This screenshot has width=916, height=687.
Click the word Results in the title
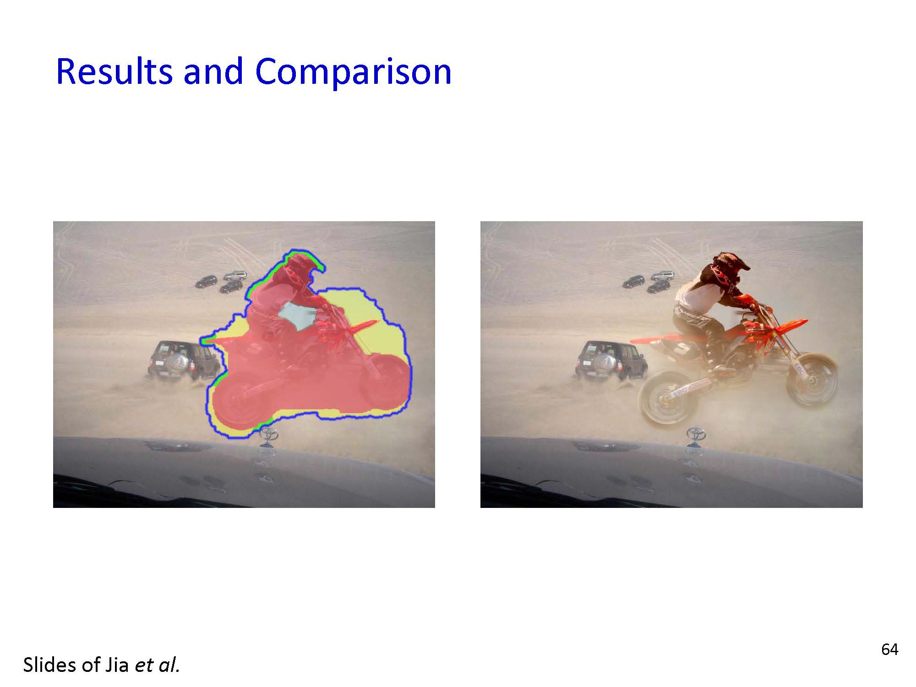coord(114,71)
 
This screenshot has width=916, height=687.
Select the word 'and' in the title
coord(213,71)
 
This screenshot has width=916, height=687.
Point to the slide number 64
coord(889,649)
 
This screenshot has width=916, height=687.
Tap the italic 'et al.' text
coord(157,665)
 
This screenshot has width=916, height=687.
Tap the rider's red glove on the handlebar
coord(745,301)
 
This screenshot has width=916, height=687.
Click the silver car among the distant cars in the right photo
coord(663,276)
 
